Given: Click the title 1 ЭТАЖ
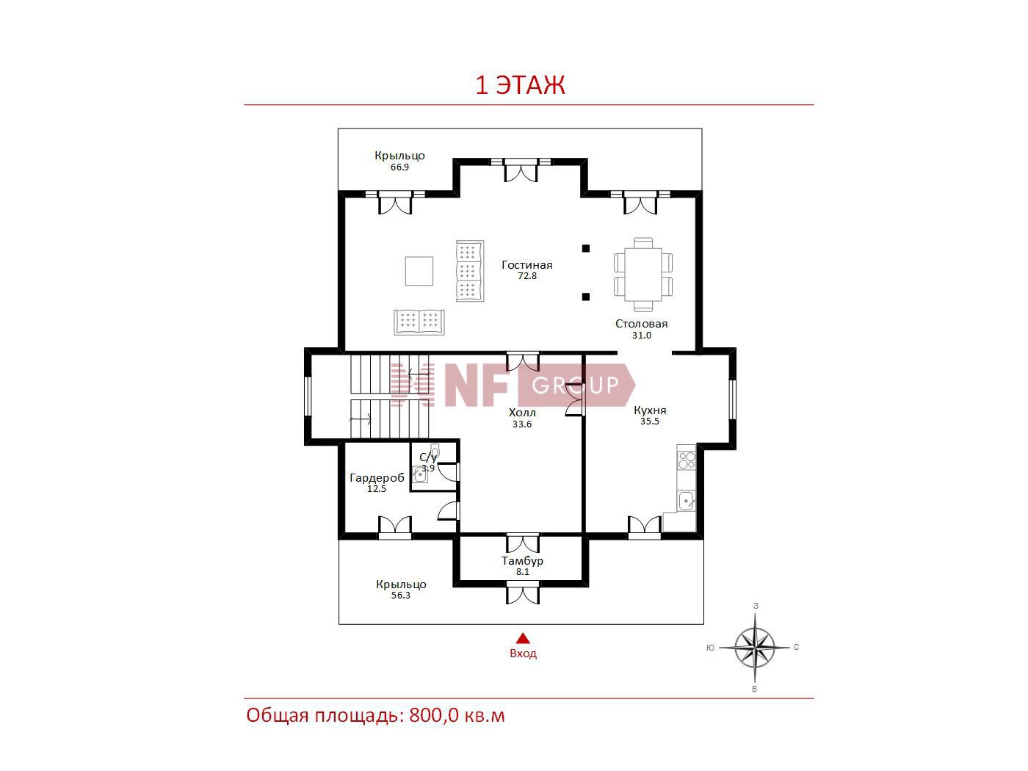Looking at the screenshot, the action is pos(520,84).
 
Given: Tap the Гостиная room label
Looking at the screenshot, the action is pos(527,265).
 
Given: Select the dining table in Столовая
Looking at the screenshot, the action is pos(643,275).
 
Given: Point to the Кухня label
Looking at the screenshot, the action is pos(650,410).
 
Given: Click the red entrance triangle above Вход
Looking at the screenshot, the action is pos(523,639).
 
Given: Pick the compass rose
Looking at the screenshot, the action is pos(755,648).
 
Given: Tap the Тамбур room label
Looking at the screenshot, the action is pos(522,561).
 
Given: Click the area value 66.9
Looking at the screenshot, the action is pos(399,167).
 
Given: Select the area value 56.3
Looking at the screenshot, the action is pos(400,596).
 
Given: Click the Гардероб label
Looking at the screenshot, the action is pos(377,478).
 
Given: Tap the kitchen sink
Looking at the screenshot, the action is pos(687,502).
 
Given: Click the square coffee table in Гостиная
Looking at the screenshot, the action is pos(419,270).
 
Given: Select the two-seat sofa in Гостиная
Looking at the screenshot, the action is pos(419,322).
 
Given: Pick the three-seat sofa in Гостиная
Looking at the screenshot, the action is pos(470,271).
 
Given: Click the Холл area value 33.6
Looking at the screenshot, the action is pos(522,424).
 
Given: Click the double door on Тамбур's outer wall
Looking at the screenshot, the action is pos(523,592).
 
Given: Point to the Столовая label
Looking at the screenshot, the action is pos(641,324).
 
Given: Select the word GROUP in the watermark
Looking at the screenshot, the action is pos(576,385).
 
